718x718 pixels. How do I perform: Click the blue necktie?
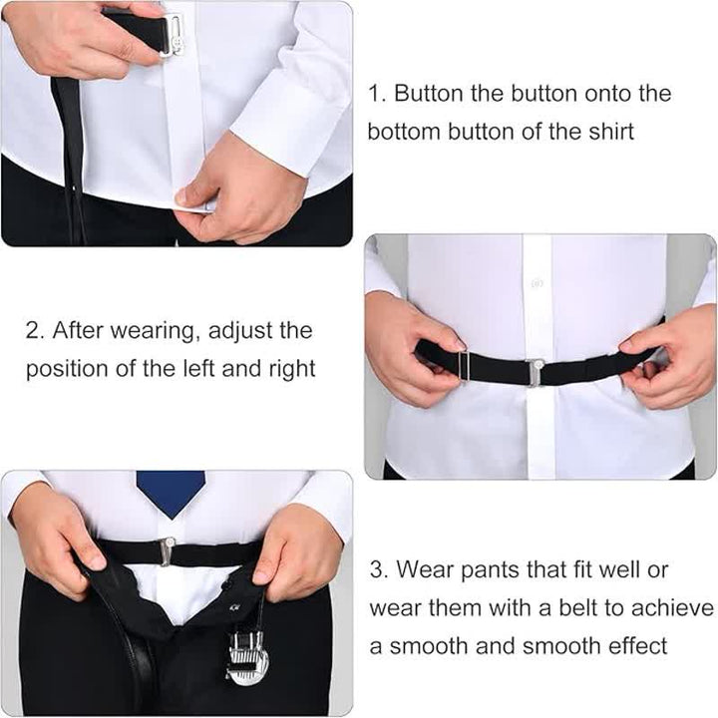coord(171,492)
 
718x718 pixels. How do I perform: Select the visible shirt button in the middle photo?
coord(537,283)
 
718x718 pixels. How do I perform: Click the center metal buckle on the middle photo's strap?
coord(536,372)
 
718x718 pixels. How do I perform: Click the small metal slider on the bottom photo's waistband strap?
coord(167,549)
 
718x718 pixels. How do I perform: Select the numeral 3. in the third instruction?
coord(378,570)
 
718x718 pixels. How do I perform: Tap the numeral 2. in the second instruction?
coord(34,330)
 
